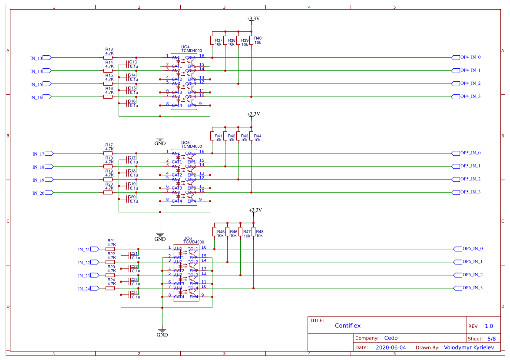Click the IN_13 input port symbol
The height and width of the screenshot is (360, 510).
(x=47, y=58)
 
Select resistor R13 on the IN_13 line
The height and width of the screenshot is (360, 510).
(x=108, y=57)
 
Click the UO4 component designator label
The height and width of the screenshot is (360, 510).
(x=185, y=47)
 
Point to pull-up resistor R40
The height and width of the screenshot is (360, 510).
(x=252, y=40)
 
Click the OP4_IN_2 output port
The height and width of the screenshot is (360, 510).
(x=456, y=83)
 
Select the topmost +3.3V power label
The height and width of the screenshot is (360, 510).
(x=253, y=19)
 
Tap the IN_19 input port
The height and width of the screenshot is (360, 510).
(x=49, y=180)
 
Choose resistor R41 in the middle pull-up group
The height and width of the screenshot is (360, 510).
(x=212, y=136)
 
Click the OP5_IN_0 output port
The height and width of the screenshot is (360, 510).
(x=456, y=153)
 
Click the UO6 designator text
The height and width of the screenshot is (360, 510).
(x=188, y=238)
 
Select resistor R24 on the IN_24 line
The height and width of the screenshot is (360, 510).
(x=110, y=288)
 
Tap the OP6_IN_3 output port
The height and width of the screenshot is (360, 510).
(x=457, y=288)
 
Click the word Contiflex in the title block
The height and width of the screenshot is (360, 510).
(x=348, y=326)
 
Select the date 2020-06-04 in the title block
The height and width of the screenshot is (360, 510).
(x=391, y=347)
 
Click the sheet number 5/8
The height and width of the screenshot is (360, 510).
(x=491, y=338)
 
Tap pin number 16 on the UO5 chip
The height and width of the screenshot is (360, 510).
(x=202, y=152)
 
